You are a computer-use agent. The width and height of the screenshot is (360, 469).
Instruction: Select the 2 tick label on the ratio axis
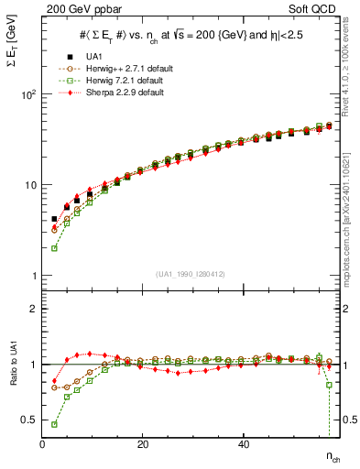33,309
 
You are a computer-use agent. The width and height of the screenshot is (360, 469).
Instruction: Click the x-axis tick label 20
143,444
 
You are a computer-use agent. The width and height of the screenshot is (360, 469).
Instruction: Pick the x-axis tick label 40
243,444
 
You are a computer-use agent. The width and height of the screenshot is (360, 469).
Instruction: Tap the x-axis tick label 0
42,444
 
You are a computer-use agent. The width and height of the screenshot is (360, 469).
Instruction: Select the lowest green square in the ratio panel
54,424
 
